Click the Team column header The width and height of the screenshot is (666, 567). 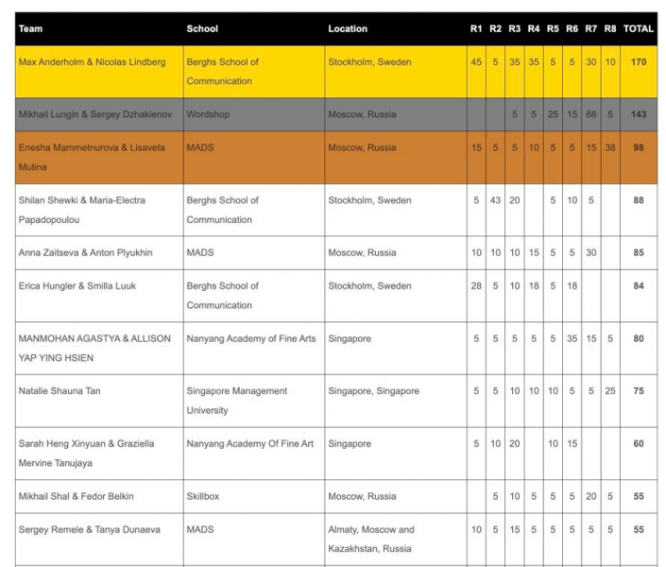point(30,28)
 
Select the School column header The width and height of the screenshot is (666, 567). point(202,28)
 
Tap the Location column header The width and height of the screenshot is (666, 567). point(348,28)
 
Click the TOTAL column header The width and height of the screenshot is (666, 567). point(639,28)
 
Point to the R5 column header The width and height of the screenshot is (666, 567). point(553,28)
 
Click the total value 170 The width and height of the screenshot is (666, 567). point(639,62)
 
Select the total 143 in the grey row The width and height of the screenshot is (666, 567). point(639,114)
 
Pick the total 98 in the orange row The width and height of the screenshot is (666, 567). point(639,147)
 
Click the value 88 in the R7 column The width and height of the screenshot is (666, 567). point(590,114)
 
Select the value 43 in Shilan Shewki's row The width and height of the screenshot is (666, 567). point(495,200)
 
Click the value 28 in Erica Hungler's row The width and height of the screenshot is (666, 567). point(476,285)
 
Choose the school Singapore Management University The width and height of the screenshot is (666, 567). point(233,401)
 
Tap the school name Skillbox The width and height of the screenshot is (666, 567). point(205,496)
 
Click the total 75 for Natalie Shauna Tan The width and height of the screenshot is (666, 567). point(639,390)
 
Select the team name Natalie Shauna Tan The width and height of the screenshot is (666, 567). point(64,390)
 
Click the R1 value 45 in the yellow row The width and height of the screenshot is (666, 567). point(476,62)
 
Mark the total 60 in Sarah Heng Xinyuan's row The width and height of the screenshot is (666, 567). point(639,443)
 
